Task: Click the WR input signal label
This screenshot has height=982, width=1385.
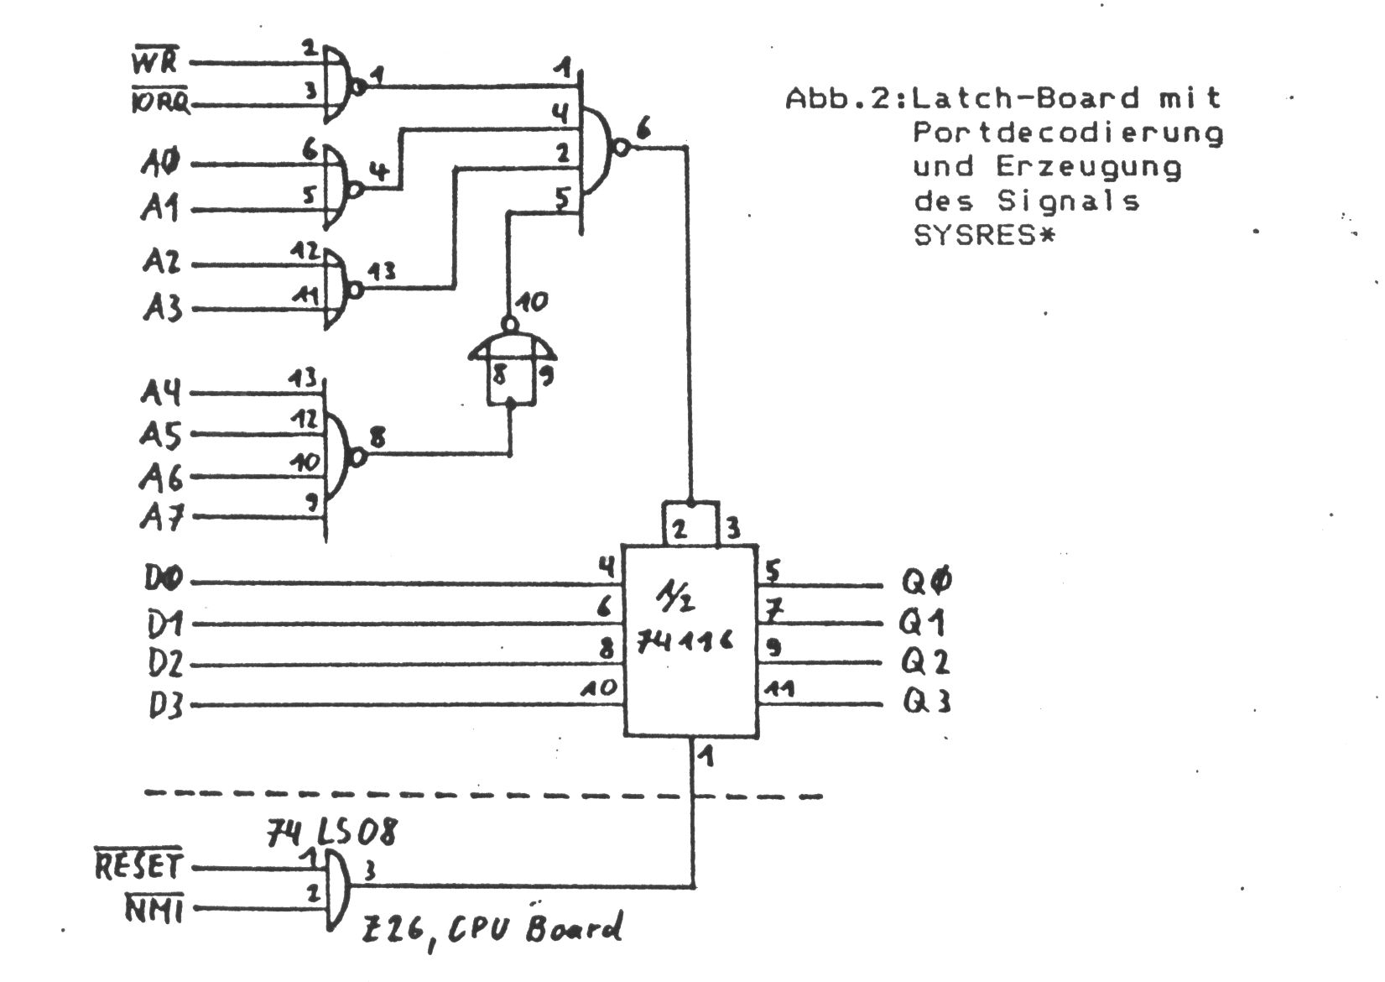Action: (x=154, y=60)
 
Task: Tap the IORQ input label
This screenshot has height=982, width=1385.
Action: (x=160, y=104)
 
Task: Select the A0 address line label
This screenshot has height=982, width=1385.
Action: (x=160, y=163)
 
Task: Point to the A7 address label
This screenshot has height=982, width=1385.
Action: (x=162, y=517)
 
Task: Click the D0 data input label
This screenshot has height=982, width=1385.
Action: (x=164, y=580)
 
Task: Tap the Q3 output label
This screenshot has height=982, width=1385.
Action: (x=925, y=701)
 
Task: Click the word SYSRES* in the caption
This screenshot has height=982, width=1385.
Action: (x=982, y=236)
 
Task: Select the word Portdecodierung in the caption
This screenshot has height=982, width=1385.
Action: (x=1068, y=133)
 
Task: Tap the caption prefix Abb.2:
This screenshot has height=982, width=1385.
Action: (x=846, y=99)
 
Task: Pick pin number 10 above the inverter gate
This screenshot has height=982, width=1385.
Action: (x=531, y=301)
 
